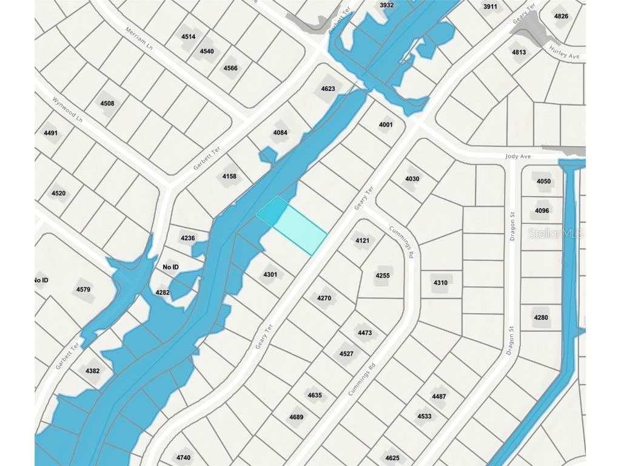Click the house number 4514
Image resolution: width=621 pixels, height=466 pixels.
pyautogui.click(x=188, y=36)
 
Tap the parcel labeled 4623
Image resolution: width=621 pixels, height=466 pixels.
pyautogui.click(x=328, y=89)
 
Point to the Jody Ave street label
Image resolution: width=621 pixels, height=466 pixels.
pyautogui.click(x=518, y=156)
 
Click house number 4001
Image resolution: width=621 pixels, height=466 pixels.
pyautogui.click(x=386, y=125)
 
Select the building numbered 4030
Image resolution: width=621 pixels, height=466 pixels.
pyautogui.click(x=412, y=178)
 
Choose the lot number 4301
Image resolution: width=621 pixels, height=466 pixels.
pyautogui.click(x=270, y=275)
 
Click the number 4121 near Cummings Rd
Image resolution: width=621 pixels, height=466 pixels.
pyautogui.click(x=362, y=240)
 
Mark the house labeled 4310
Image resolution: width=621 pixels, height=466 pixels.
pyautogui.click(x=440, y=283)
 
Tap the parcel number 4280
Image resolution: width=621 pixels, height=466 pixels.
pyautogui.click(x=541, y=317)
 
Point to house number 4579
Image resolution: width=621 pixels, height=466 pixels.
pyautogui.click(x=83, y=289)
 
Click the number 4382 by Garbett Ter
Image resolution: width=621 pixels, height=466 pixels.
pyautogui.click(x=92, y=371)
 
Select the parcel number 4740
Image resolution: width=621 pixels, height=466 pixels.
pyautogui.click(x=183, y=458)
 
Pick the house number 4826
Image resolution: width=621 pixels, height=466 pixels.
pyautogui.click(x=562, y=16)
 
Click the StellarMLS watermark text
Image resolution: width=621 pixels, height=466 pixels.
pyautogui.click(x=555, y=233)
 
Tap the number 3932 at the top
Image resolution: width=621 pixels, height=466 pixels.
pyautogui.click(x=386, y=5)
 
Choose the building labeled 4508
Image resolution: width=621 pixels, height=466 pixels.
pyautogui.click(x=107, y=103)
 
